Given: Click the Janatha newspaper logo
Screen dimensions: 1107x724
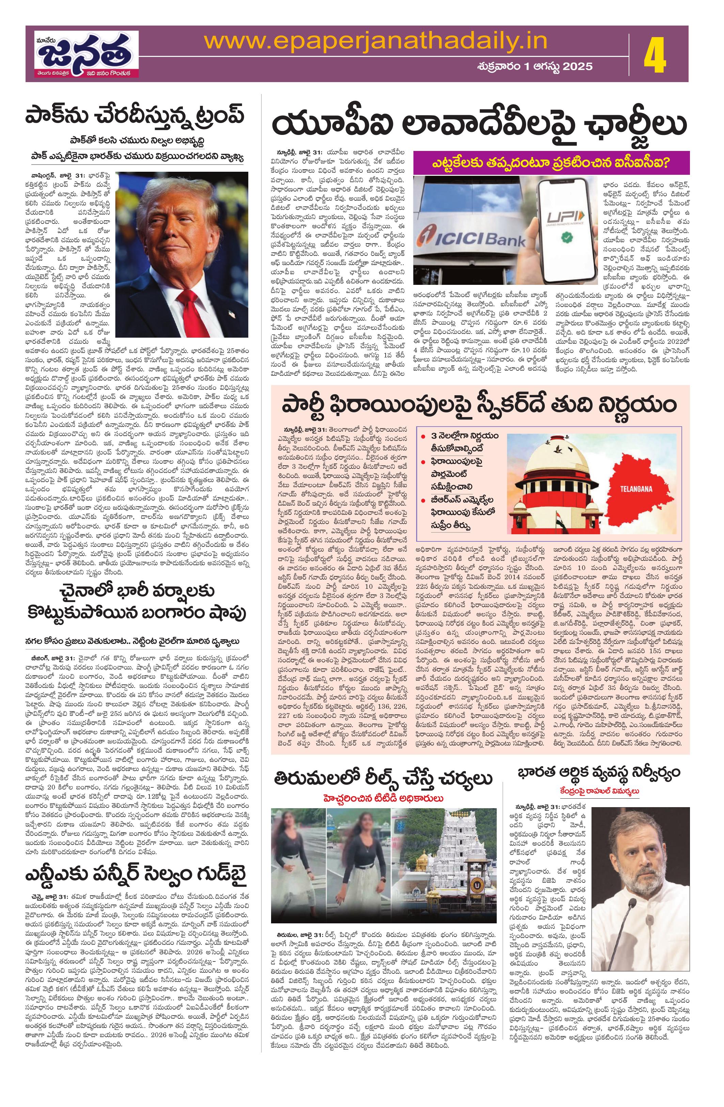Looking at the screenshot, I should point(82,54).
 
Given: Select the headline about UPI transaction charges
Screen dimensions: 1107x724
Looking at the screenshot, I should point(478,124).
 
